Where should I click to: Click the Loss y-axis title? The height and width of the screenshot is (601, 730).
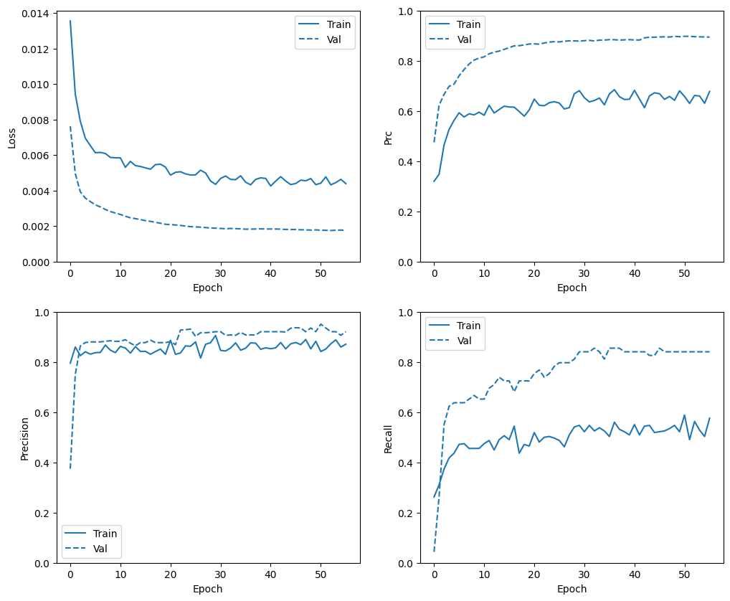click(x=11, y=137)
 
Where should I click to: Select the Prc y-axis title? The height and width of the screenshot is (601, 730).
click(x=388, y=137)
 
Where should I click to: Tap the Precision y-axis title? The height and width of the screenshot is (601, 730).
click(x=24, y=438)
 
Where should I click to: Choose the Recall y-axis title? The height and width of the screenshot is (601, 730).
click(x=388, y=438)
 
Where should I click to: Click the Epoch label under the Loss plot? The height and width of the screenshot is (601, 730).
click(x=208, y=288)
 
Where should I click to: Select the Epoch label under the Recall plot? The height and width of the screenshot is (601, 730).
click(x=572, y=589)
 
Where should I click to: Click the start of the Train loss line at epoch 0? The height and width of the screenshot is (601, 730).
click(x=70, y=21)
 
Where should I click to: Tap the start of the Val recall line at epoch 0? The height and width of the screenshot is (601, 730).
click(x=434, y=552)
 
